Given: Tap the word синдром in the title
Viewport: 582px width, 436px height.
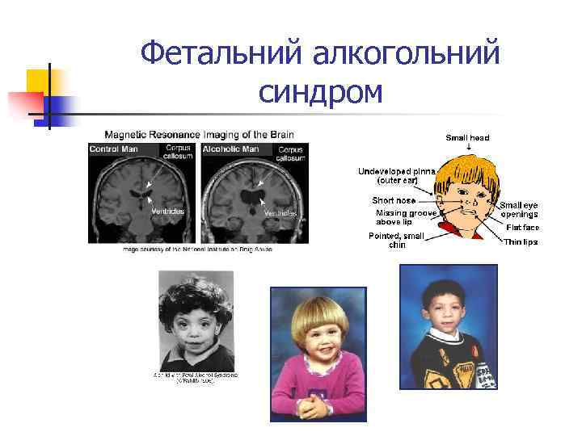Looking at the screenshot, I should pyautogui.click(x=320, y=94).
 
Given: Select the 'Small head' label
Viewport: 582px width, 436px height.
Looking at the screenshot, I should pyautogui.click(x=467, y=138).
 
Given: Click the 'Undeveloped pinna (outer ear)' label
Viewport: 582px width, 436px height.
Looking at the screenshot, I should pyautogui.click(x=397, y=175).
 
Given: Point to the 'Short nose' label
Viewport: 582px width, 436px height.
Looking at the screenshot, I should pyautogui.click(x=394, y=199).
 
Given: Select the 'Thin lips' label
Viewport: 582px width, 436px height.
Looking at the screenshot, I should pyautogui.click(x=521, y=241).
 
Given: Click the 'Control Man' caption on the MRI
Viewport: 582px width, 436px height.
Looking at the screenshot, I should pyautogui.click(x=114, y=149).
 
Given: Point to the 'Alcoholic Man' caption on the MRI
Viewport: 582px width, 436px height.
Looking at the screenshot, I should pyautogui.click(x=230, y=149).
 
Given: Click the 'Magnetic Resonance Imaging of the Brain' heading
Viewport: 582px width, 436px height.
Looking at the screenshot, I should pyautogui.click(x=199, y=134).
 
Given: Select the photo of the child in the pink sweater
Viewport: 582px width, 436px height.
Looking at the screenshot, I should pyautogui.click(x=317, y=353).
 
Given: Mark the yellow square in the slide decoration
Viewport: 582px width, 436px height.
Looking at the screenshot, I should pyautogui.click(x=40, y=83).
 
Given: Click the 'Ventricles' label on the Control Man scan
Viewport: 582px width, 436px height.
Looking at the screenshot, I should pyautogui.click(x=168, y=211).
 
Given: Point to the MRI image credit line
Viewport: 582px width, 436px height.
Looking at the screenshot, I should pyautogui.click(x=198, y=249).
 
